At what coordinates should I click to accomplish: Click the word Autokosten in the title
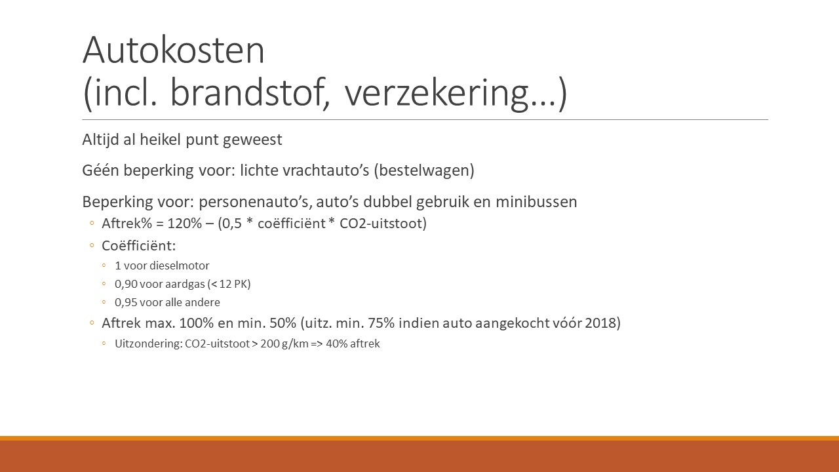(174, 50)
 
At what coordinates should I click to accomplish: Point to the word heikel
(161, 140)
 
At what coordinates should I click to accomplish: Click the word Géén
(100, 170)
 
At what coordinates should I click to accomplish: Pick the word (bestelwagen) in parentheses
(424, 170)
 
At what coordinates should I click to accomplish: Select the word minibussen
(536, 201)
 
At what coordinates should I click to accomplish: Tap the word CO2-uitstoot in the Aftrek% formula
(381, 224)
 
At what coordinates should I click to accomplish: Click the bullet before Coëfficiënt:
(92, 246)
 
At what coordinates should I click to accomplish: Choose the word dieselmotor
(185, 265)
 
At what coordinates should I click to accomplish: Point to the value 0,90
(126, 284)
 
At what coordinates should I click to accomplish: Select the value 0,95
(126, 302)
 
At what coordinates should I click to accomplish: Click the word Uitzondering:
(149, 344)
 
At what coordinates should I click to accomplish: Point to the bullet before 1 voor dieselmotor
(104, 265)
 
